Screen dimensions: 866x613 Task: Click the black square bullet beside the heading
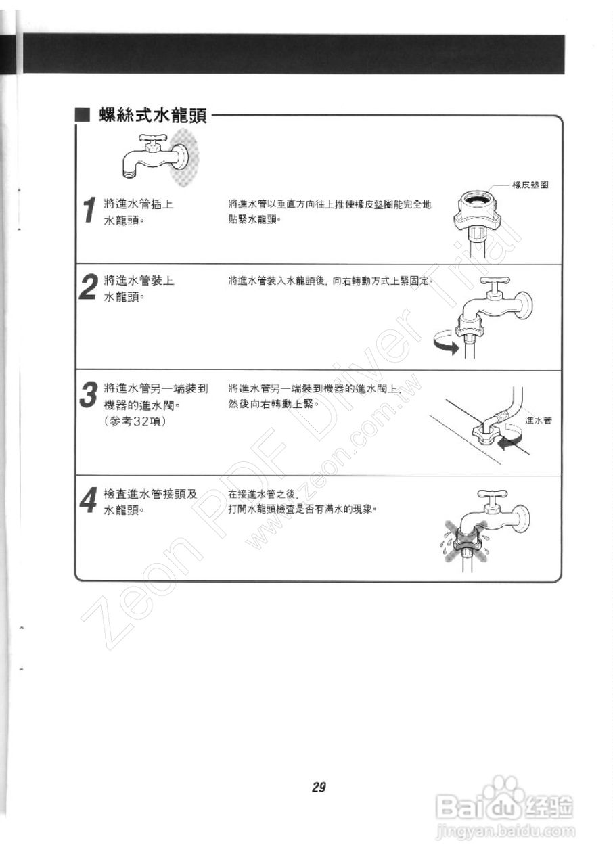pos(83,116)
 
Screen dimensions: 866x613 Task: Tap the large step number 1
pos(88,210)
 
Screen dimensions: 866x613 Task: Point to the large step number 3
pos(88,395)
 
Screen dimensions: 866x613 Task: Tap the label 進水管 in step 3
pos(538,421)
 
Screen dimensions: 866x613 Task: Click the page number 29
pos(319,787)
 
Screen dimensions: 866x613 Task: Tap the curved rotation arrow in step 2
pos(445,342)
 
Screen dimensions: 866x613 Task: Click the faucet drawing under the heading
pos(156,156)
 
